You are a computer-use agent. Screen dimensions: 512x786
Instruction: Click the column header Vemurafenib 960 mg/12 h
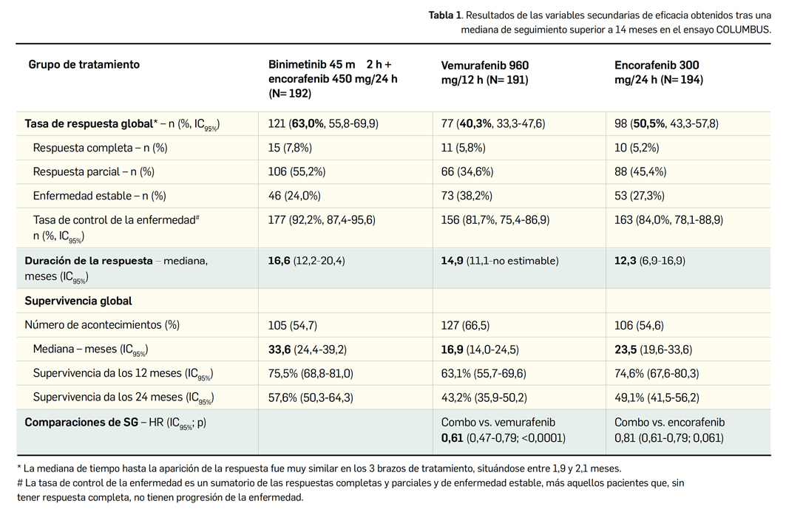point(485,72)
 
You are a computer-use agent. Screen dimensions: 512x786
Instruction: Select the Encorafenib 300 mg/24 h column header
point(659,72)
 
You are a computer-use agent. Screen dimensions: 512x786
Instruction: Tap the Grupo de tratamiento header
point(84,64)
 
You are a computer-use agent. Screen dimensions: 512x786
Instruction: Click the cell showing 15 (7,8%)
point(290,148)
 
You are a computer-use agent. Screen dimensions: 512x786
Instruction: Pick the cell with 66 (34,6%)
point(467,171)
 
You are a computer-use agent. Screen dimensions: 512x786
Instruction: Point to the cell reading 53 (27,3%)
point(640,196)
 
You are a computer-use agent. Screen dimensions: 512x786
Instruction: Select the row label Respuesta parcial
point(93,171)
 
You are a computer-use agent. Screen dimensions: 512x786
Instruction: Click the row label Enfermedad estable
point(99,196)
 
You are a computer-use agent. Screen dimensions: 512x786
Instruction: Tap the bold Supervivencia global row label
point(78,301)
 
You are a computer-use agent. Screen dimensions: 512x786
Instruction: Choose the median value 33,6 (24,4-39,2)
point(307,349)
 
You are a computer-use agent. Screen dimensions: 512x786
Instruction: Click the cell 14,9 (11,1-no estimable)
point(500,260)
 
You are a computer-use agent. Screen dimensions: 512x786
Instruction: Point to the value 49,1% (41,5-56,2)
point(657,397)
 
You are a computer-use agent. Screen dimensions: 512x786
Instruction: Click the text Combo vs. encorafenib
point(669,423)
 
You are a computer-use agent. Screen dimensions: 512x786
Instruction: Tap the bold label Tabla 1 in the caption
point(445,15)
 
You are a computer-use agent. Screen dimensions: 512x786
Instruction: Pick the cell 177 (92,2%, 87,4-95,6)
point(322,219)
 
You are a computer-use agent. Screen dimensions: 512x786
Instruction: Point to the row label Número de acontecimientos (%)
point(102,325)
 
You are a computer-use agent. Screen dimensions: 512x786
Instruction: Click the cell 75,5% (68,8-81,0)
point(311,373)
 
